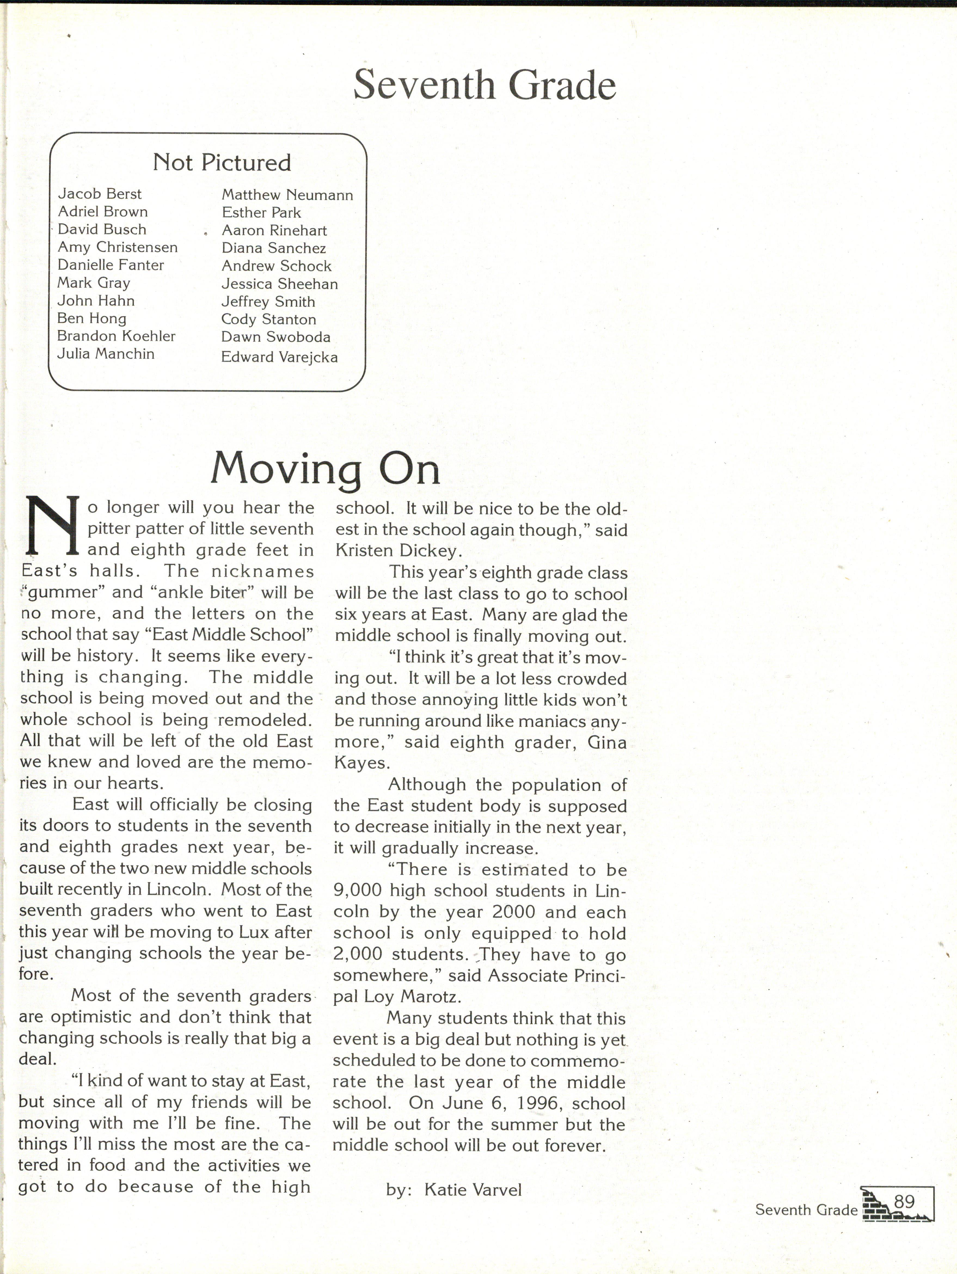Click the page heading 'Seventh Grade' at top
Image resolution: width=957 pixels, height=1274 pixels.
click(x=484, y=85)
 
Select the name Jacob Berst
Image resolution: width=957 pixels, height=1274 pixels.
click(x=100, y=194)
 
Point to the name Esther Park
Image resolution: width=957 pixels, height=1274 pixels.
click(x=261, y=213)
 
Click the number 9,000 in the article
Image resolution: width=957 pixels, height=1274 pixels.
click(x=357, y=891)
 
